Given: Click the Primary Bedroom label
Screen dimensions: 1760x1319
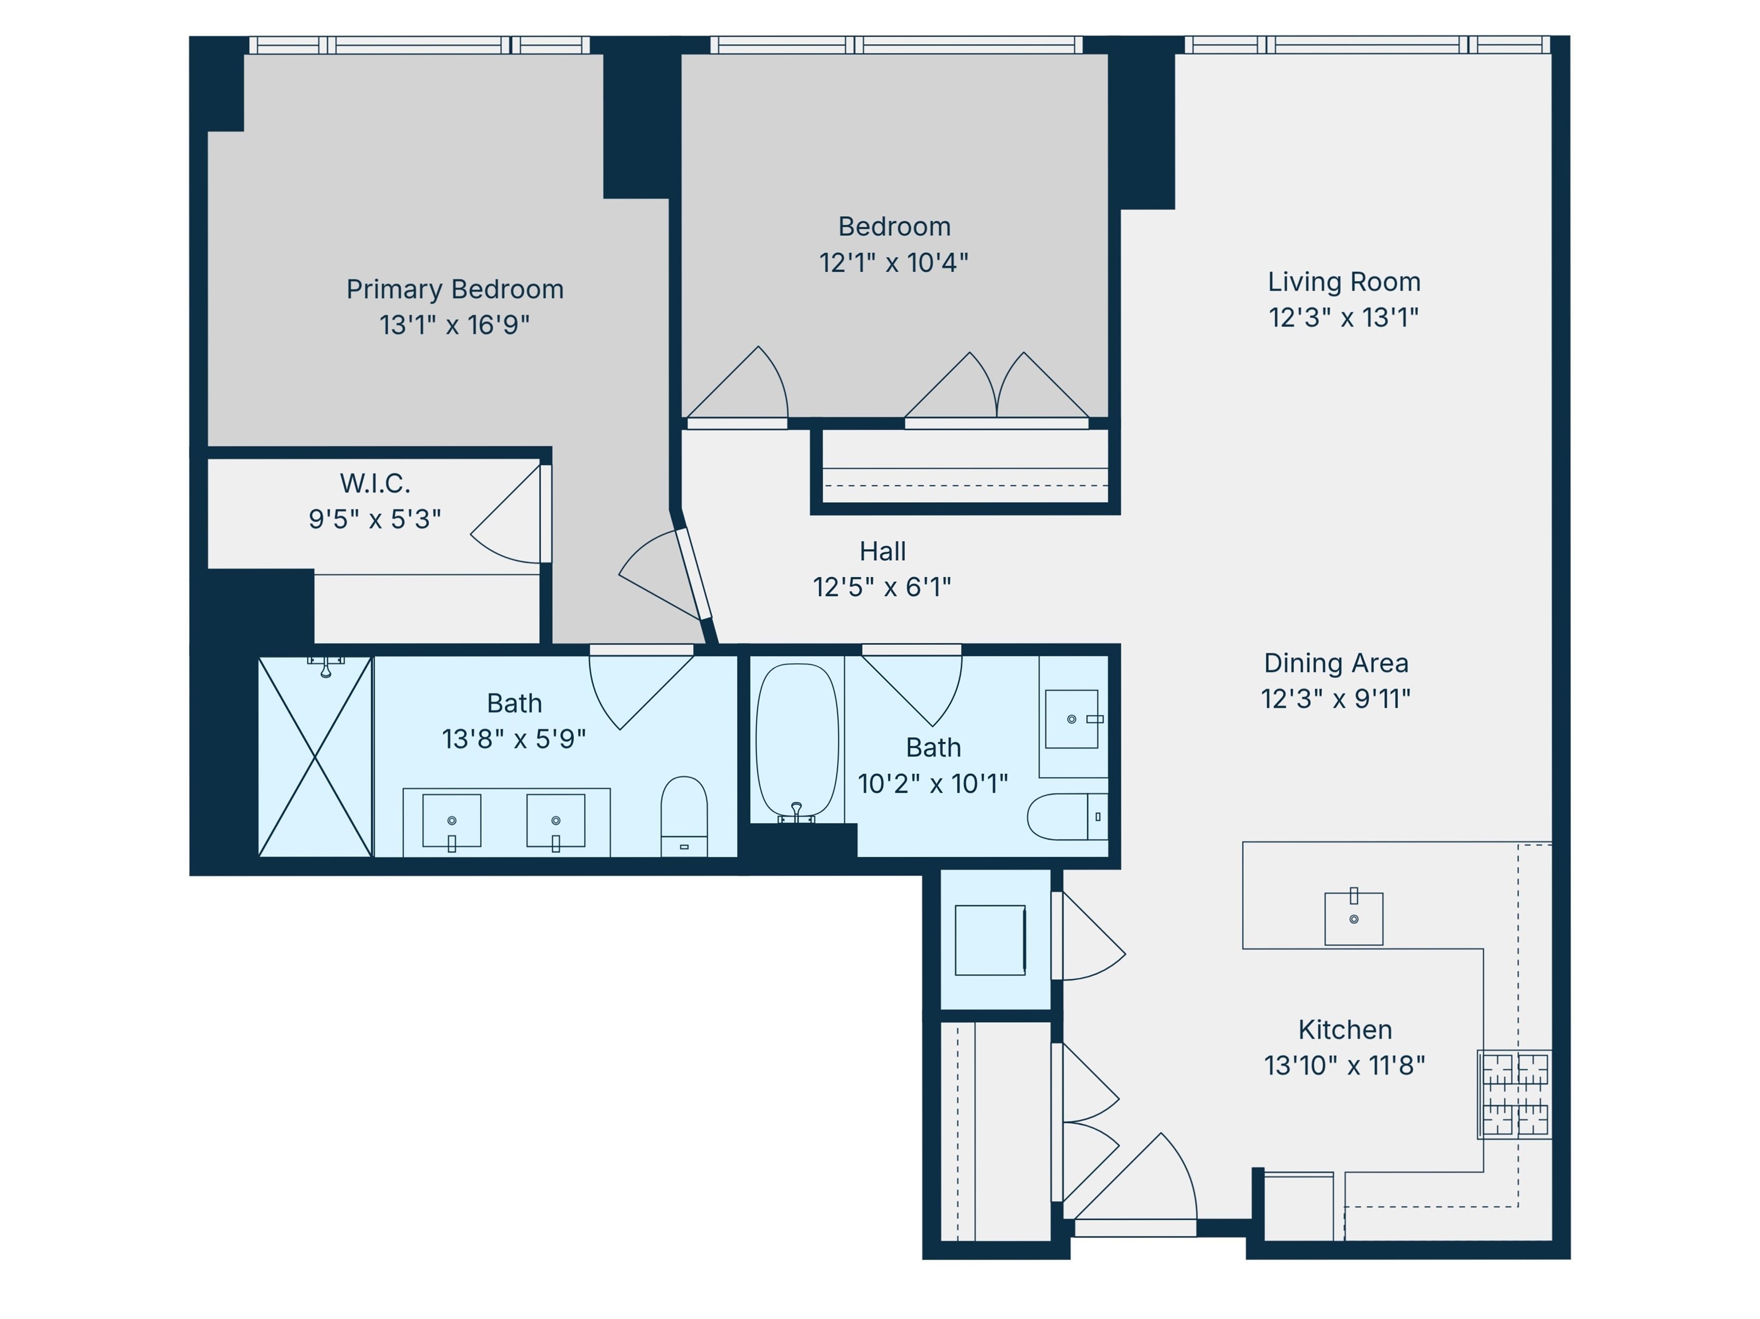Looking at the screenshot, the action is [x=454, y=289].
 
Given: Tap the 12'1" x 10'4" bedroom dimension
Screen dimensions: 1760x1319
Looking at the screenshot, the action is [x=894, y=262].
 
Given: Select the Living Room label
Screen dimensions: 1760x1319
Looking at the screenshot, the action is [x=1344, y=282].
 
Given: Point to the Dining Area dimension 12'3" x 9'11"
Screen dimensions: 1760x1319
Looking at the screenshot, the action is [x=1336, y=699].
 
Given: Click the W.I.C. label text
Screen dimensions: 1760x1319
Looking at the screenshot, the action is [x=375, y=483].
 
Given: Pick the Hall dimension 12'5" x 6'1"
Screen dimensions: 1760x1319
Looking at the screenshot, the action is [x=882, y=587].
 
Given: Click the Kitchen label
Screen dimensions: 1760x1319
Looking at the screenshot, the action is [x=1345, y=1029].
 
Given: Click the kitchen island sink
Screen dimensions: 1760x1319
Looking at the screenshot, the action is [x=1353, y=918].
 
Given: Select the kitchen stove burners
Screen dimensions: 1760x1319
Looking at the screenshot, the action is [x=1514, y=1094].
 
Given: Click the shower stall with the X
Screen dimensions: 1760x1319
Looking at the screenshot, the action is [x=315, y=757].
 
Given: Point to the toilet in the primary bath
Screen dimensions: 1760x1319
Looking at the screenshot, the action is [x=683, y=816].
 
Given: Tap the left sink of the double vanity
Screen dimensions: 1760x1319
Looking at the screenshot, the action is [x=451, y=821].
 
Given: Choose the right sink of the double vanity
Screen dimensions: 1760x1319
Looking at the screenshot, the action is [x=555, y=821].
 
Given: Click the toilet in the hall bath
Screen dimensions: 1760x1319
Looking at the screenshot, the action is [x=1067, y=816].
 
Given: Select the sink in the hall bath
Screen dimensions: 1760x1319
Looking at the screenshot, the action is [x=1072, y=719].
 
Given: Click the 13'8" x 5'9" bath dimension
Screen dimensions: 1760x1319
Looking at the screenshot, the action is [x=514, y=739].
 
